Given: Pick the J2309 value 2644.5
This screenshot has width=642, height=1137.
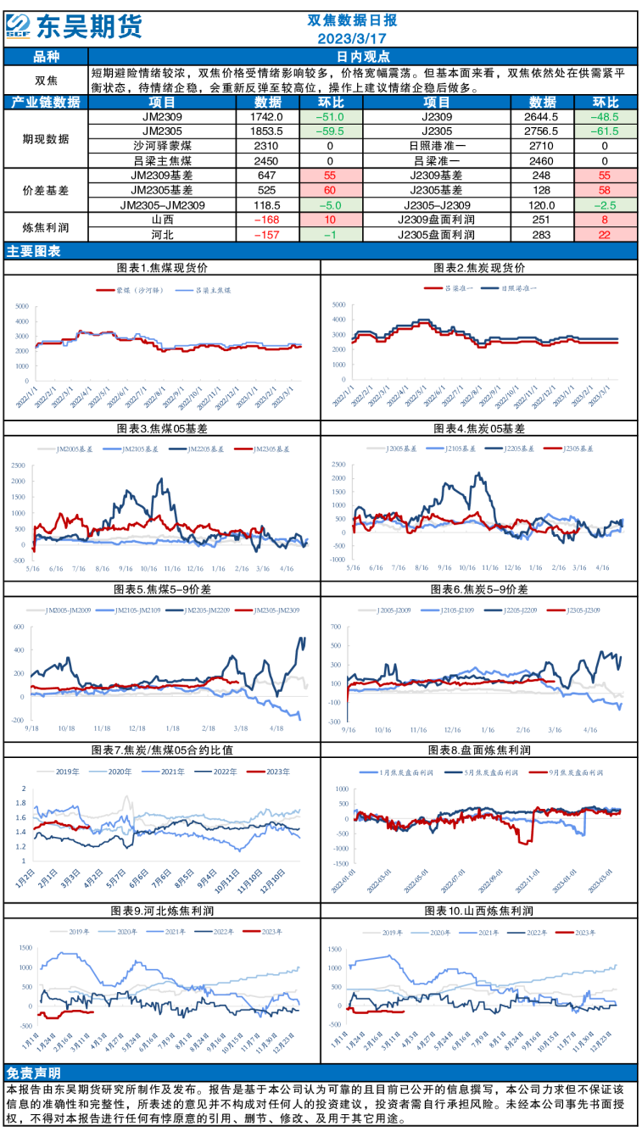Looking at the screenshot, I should (x=543, y=116).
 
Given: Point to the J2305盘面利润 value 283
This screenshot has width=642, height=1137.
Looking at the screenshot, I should (x=543, y=233).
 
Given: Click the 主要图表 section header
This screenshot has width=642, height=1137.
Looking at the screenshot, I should (x=34, y=251).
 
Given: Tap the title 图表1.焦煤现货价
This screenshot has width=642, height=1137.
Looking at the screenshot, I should (x=162, y=267).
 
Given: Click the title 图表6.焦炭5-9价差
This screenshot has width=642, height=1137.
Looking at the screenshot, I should (x=479, y=589).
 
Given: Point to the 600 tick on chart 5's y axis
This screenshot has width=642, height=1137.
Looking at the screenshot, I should (x=16, y=627).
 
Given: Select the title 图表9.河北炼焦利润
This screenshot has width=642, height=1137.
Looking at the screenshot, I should (x=162, y=911).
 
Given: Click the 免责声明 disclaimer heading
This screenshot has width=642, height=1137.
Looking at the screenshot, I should (x=32, y=1072).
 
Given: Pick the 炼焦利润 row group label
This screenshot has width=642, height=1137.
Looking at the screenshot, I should (x=46, y=226).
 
